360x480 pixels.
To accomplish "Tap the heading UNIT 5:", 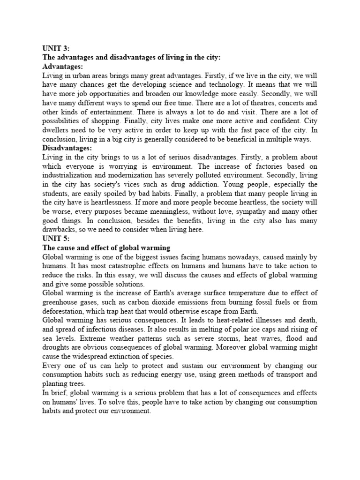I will coord(56,238).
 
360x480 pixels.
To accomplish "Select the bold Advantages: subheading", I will coord(62,67).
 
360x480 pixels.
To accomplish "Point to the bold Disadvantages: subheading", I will coord(67,147).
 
